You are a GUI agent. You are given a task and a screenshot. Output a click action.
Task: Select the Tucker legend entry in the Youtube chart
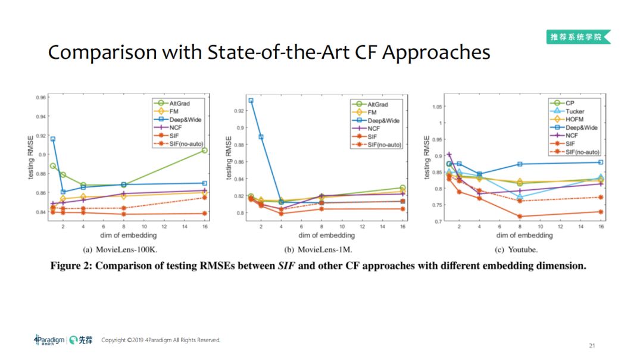[x=575, y=111]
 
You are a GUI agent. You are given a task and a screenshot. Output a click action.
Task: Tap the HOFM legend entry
[x=574, y=119]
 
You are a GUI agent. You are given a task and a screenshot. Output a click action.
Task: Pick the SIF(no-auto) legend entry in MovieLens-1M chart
[x=380, y=145]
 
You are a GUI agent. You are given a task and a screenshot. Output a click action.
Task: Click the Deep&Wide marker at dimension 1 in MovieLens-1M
[x=251, y=101]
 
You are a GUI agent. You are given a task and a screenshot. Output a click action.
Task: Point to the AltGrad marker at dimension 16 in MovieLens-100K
[x=204, y=150]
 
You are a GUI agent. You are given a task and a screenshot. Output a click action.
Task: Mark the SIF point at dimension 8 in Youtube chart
[x=520, y=217]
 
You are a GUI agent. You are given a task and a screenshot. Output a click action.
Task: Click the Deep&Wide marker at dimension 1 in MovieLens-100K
[x=53, y=139]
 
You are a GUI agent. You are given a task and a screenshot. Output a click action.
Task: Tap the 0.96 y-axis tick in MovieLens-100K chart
[x=40, y=97]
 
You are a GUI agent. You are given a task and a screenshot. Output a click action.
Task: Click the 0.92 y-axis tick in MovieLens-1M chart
[x=238, y=111]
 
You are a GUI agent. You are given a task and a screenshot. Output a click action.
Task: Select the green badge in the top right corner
[x=578, y=37]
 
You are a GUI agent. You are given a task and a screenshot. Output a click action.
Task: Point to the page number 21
[x=591, y=345]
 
